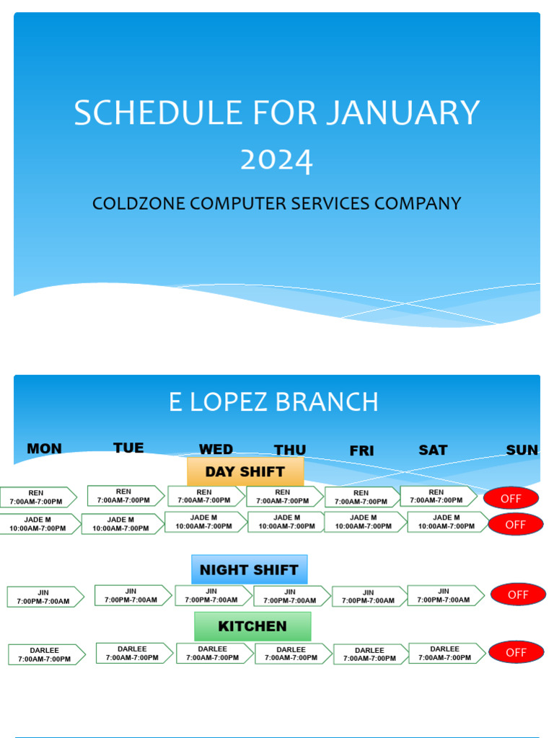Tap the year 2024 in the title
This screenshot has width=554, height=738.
(x=277, y=160)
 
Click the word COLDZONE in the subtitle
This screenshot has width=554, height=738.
(x=138, y=204)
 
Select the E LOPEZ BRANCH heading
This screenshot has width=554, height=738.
(x=273, y=402)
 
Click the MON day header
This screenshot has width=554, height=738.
(x=44, y=449)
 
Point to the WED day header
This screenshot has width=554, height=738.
(x=216, y=450)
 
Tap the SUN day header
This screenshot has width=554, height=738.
(x=522, y=450)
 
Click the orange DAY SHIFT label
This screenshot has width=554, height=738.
(x=245, y=472)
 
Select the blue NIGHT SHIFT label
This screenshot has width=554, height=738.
(x=249, y=569)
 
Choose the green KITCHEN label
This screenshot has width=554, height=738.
(x=252, y=626)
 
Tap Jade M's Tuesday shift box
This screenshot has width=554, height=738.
(x=121, y=524)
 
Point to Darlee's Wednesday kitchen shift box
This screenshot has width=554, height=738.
(x=214, y=653)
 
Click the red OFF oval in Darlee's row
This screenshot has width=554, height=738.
(x=516, y=652)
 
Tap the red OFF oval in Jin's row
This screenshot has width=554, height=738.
(x=518, y=595)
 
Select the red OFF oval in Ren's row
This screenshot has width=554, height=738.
(x=511, y=498)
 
